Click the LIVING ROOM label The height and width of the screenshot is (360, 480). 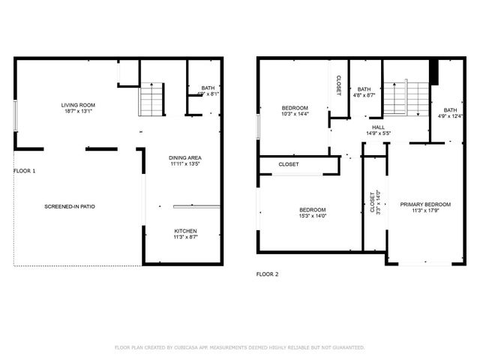pos(78,105)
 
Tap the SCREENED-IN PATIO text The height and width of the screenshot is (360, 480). pos(69,206)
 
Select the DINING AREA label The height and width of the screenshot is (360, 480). pos(185,157)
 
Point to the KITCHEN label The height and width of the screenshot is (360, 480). pos(185,230)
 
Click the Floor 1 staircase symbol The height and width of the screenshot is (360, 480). pos(151,99)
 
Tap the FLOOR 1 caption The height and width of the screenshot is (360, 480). pos(25,171)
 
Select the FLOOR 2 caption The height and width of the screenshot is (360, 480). pos(267,274)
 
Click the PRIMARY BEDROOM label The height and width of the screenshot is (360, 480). pos(424,204)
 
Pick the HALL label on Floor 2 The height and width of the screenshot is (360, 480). pos(379,127)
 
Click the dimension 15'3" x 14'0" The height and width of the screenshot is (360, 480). pos(313,216)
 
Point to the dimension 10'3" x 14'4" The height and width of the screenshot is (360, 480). pos(295,114)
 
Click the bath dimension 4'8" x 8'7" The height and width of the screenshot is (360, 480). pos(364,95)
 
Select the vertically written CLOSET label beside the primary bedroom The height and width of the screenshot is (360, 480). pos(373,202)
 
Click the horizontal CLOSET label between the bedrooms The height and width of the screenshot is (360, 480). pos(289,164)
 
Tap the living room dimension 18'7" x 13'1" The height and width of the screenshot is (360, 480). pos(78,112)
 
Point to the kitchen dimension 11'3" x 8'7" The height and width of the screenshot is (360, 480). pos(185,237)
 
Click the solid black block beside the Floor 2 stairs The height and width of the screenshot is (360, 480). pos(433,72)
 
